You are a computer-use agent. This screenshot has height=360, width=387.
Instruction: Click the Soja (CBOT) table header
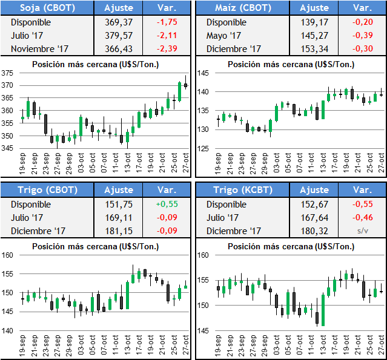(x=47, y=8)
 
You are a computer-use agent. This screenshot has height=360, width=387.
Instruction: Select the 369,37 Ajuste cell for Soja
(x=119, y=22)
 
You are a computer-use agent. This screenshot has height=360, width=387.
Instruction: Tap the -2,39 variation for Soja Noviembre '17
(x=167, y=48)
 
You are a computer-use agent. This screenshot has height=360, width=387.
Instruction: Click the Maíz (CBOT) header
(x=243, y=8)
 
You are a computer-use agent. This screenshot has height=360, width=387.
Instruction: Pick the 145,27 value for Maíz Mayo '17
(x=314, y=36)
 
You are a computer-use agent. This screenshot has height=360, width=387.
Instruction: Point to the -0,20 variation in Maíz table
(x=362, y=22)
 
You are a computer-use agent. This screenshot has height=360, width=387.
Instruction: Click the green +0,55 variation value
(x=167, y=204)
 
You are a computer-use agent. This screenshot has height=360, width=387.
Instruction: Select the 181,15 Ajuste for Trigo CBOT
(x=119, y=231)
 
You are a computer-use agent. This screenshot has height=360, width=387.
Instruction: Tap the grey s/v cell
(x=363, y=231)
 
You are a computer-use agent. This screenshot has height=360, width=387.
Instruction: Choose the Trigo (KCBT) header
(x=243, y=190)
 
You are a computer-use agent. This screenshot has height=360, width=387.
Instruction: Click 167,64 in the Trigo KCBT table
(x=314, y=218)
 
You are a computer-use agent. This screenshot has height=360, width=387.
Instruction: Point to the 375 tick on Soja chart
(x=7, y=73)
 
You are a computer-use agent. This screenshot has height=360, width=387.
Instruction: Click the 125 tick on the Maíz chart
(x=203, y=149)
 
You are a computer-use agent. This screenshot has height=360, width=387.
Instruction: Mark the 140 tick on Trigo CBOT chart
(x=7, y=331)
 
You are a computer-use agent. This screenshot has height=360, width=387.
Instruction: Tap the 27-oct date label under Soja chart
(x=186, y=163)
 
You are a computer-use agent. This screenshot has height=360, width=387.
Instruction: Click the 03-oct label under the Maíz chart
(x=276, y=163)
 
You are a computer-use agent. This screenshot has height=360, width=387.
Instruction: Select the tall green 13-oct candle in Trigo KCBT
(x=323, y=310)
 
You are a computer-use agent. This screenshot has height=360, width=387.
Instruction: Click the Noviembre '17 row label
(x=39, y=49)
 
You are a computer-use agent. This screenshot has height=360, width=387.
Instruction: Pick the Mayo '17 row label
(x=223, y=36)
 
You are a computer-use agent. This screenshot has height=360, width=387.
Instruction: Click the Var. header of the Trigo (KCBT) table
(x=363, y=190)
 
